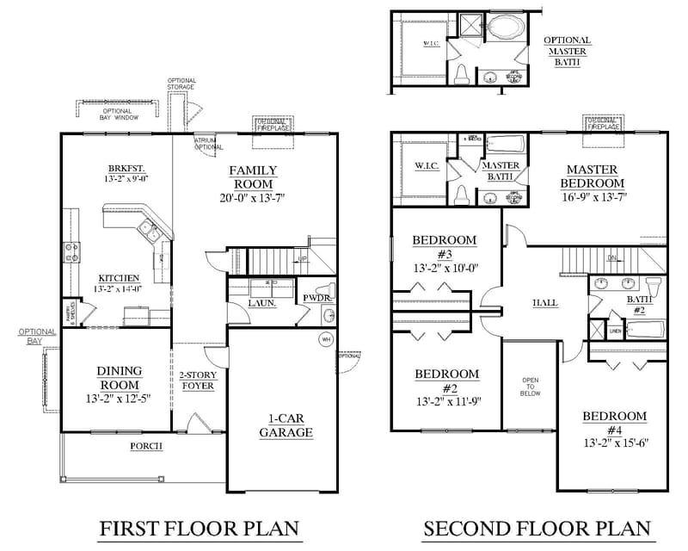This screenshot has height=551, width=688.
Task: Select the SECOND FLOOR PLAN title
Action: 536,528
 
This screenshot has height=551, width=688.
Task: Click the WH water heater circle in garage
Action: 326,339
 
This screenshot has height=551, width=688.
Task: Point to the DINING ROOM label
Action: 120,377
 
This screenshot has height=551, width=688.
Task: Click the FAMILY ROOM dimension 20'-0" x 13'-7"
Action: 251,198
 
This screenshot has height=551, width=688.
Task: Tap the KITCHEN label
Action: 119,277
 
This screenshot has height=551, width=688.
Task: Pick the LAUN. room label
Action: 261,303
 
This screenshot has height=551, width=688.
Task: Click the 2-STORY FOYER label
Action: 198,381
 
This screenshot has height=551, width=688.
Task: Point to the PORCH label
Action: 148,447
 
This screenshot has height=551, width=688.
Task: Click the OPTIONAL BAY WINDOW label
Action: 117,114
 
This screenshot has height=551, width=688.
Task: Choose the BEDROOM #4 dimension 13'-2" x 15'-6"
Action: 614,443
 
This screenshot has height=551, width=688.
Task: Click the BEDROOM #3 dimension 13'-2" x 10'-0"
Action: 445,267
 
